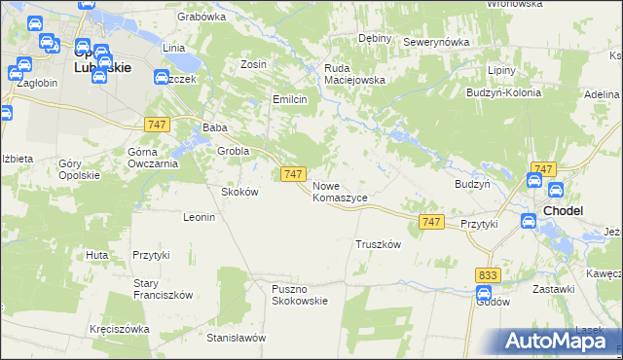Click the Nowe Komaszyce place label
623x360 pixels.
(x=340, y=191)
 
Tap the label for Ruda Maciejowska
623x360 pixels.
(x=355, y=74)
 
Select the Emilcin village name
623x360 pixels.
(x=290, y=99)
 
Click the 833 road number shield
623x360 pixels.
(x=489, y=275)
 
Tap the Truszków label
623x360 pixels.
(x=379, y=245)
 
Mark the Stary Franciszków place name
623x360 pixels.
(x=163, y=289)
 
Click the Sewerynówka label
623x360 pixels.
(x=436, y=43)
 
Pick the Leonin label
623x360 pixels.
(x=199, y=217)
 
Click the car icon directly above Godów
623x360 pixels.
(x=485, y=292)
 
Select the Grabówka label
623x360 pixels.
(x=202, y=17)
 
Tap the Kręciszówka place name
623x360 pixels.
(x=119, y=329)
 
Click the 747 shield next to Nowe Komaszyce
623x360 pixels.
(x=295, y=173)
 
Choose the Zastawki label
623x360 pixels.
(x=554, y=290)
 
